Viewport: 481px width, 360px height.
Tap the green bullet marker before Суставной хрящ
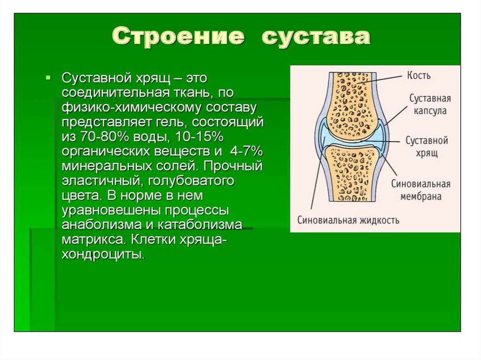(47, 78)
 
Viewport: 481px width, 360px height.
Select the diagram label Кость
(419, 75)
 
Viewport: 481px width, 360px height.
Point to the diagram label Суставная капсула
(430, 105)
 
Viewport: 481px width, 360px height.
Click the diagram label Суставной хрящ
(427, 146)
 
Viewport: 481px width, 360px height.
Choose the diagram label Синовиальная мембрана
(421, 190)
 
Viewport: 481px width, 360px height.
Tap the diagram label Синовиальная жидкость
(349, 220)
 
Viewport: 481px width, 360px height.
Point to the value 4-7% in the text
(246, 152)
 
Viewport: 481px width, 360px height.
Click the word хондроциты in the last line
(103, 254)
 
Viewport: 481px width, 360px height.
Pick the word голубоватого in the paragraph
(191, 181)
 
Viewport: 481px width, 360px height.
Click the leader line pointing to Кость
(380, 79)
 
